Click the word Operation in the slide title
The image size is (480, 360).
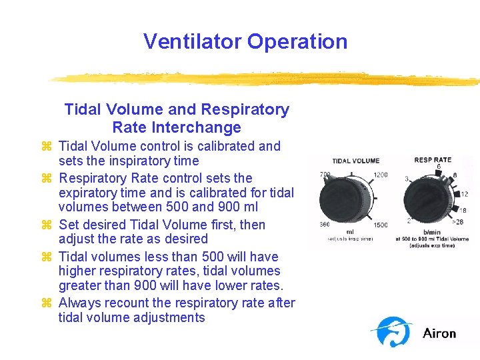(x=297, y=41)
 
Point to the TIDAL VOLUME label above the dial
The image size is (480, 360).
(x=356, y=161)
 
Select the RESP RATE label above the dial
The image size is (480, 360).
(x=432, y=160)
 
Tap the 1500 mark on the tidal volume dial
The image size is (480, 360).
(x=381, y=225)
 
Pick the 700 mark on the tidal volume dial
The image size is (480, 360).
(x=325, y=175)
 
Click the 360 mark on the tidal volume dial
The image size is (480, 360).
(x=325, y=225)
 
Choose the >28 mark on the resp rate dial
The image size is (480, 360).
(x=457, y=222)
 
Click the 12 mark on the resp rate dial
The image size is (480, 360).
(x=464, y=194)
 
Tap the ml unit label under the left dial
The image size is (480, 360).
(x=349, y=232)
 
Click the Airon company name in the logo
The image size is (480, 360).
(x=439, y=333)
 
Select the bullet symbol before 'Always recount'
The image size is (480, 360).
(x=46, y=303)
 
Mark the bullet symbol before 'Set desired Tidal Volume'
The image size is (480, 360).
(x=46, y=225)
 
